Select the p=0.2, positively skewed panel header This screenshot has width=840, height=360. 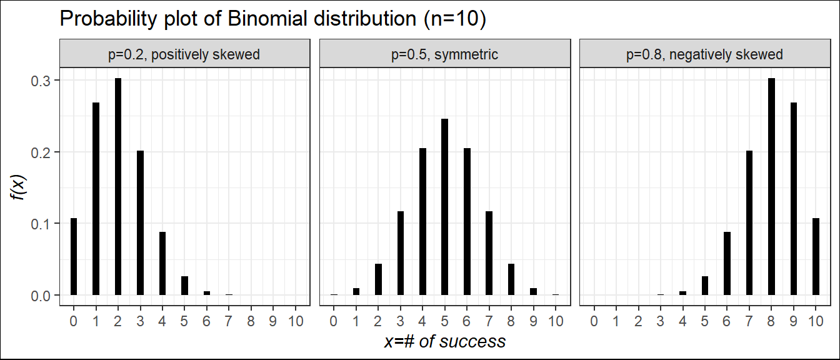tap(184, 54)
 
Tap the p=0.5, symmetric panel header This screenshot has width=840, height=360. tap(444, 54)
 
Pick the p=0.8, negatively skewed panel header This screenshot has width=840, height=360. tap(704, 54)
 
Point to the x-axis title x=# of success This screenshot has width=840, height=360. tap(444, 341)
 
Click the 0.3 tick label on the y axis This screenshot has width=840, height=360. tap(41, 81)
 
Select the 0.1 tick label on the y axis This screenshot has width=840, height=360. tap(41, 224)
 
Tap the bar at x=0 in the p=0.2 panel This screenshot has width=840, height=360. tap(74, 256)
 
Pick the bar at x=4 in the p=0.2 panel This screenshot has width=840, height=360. tap(162, 263)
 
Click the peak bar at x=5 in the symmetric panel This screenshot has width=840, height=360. tap(445, 207)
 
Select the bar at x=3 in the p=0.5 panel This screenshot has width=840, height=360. tap(401, 253)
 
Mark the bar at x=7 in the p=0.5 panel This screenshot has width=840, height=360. tap(489, 253)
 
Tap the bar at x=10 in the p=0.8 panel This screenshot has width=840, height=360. tap(816, 256)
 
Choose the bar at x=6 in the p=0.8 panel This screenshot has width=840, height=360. tap(727, 263)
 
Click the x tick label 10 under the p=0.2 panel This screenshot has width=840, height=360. tap(296, 321)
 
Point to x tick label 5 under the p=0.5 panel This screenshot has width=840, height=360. tap(445, 321)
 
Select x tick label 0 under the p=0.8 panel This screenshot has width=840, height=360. tap(594, 321)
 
